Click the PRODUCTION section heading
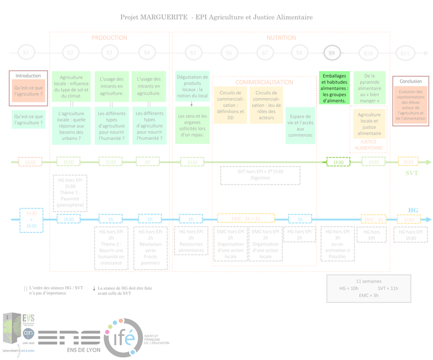click(109, 38)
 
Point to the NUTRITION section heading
click(281, 38)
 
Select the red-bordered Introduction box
click(28, 88)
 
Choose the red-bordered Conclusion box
click(410, 102)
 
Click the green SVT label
click(412, 173)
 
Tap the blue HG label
click(413, 210)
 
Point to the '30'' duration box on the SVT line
click(147, 162)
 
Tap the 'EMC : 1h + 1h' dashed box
click(246, 219)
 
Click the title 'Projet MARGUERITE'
click(153, 17)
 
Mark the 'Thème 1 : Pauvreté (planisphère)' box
click(70, 194)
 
